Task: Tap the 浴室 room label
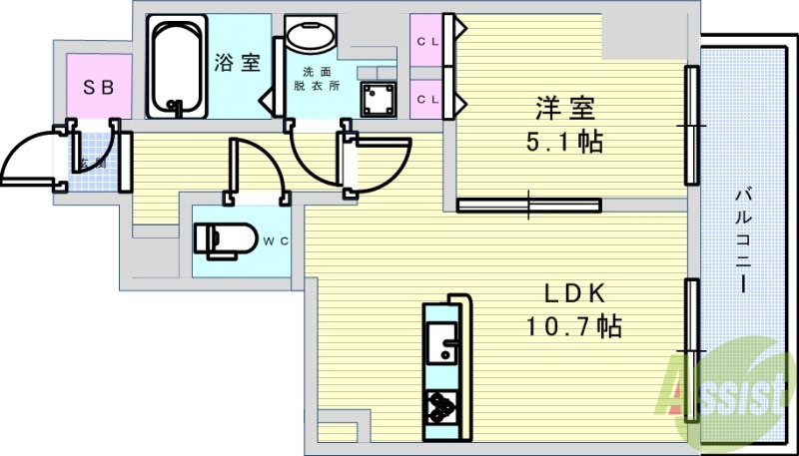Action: click(237, 62)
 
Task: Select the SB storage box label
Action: click(98, 87)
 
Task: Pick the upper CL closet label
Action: click(427, 41)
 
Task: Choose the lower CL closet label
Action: click(427, 99)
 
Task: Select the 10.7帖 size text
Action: click(574, 325)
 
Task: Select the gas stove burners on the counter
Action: click(440, 405)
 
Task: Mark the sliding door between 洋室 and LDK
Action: click(529, 206)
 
